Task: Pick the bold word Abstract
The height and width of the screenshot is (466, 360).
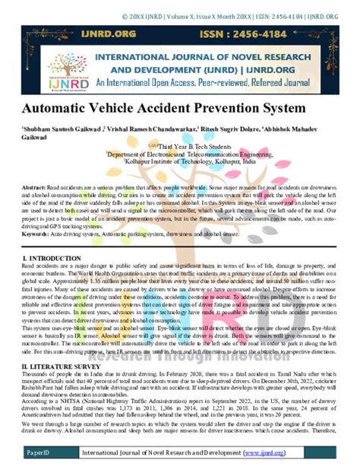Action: (x=33, y=187)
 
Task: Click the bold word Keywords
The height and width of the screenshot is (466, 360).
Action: (x=36, y=236)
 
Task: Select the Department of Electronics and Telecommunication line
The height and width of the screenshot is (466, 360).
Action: (x=190, y=154)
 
